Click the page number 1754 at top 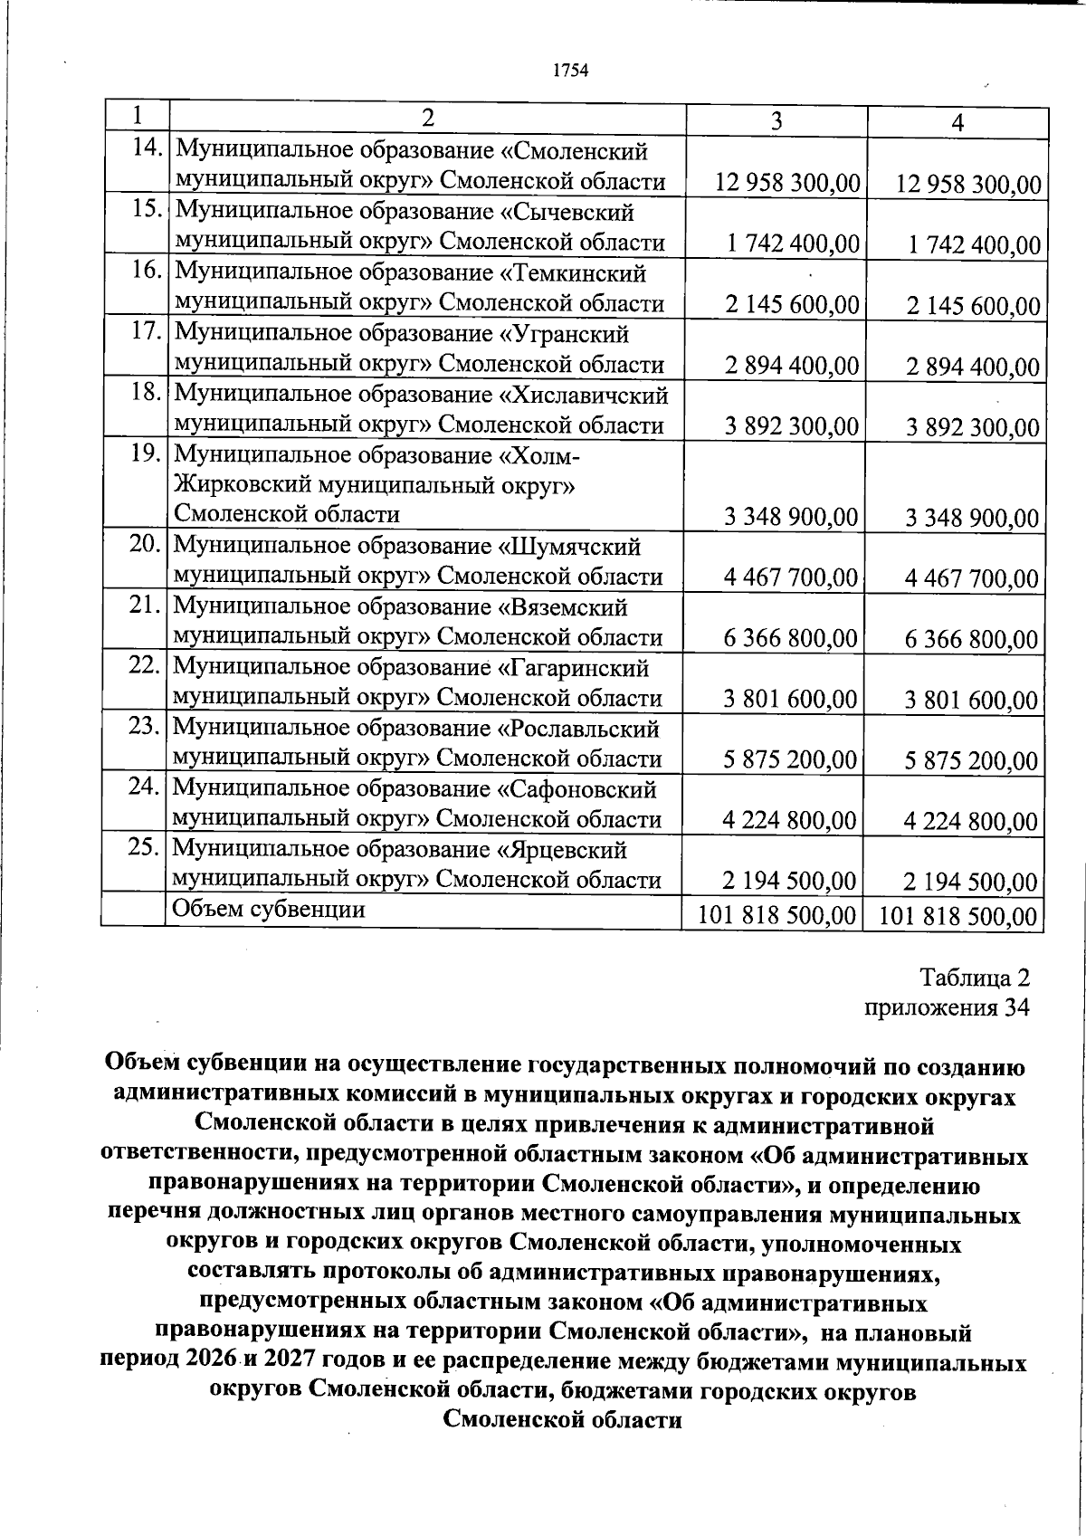click(x=571, y=71)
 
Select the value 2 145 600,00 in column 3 click(x=792, y=305)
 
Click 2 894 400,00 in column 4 click(x=973, y=367)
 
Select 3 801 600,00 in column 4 click(x=971, y=700)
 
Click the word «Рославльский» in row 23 click(x=580, y=729)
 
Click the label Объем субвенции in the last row click(x=269, y=909)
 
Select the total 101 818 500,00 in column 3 click(x=776, y=915)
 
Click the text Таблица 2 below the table click(x=975, y=978)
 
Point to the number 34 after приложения click(x=1015, y=1007)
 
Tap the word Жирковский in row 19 click(x=238, y=485)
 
